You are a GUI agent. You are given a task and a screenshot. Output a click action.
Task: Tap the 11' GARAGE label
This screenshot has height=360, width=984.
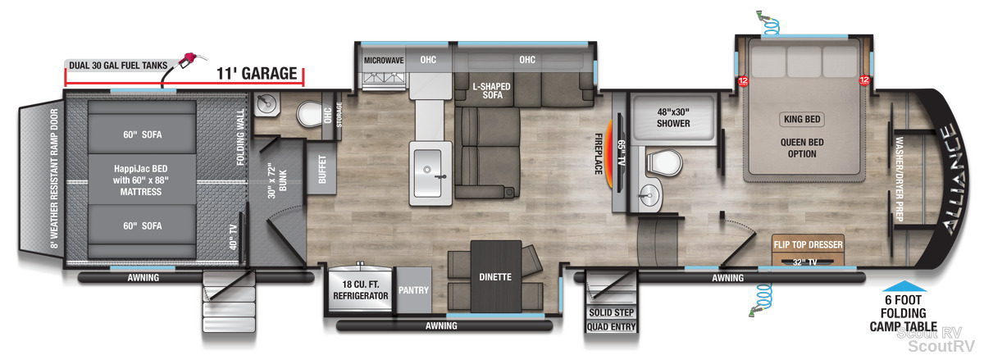coord(257,74)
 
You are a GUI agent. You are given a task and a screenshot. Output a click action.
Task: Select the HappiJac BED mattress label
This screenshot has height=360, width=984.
coord(141,180)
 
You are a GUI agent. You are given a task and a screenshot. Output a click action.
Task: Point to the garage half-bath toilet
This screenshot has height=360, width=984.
coord(310,114)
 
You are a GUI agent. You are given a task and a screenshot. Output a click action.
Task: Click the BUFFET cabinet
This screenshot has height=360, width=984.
coord(321,169)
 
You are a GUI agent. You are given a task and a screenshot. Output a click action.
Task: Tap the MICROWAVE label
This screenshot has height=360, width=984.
coord(384,60)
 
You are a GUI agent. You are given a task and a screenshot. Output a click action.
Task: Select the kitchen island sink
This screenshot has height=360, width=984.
coord(427,173)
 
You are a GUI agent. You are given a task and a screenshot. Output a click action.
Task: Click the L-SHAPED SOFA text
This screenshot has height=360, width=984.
coord(492,90)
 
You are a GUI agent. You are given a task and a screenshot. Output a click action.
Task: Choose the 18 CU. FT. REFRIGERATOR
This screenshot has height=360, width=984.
coord(360,289)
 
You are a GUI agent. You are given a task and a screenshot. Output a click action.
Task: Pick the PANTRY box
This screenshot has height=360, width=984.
coord(413,290)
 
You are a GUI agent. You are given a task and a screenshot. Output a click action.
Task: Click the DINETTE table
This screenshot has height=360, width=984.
coord(496,276)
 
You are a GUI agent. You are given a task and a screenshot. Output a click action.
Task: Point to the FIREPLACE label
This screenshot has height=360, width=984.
coord(599,154)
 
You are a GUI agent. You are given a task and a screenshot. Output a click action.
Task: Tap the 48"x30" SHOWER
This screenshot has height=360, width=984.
coord(673,118)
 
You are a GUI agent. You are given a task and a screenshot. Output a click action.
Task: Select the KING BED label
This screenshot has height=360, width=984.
coord(802,119)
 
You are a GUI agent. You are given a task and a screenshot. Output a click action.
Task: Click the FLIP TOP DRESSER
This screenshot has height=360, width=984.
coord(809,249)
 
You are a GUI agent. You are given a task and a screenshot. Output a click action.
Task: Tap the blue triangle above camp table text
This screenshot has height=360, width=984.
coord(904,286)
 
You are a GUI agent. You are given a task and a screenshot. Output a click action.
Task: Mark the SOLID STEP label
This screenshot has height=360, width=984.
coord(612,312)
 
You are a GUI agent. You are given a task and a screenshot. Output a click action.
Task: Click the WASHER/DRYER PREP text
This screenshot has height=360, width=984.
coord(899,179)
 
